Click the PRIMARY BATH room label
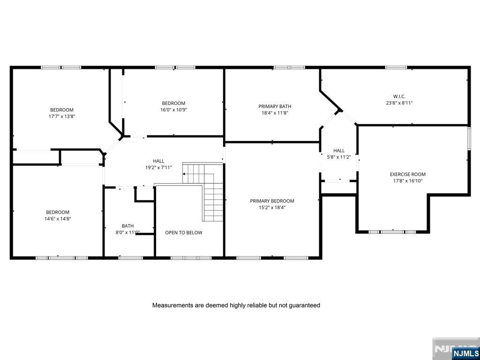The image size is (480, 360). pos(275,106)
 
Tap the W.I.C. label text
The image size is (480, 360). pos(399,97)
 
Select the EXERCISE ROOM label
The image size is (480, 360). pos(407,174)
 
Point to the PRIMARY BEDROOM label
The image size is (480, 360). pos(272,201)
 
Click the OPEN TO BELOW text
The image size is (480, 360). pos(184,232)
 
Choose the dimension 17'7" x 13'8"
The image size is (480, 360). pos(62,116)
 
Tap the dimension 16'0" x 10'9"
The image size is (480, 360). pos(173,110)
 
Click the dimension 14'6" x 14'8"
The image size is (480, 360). pos(58,218)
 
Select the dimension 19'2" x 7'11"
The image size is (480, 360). pos(158,167)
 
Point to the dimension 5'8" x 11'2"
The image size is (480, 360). pos(339,157)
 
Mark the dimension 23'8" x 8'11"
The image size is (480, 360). pos(399,103)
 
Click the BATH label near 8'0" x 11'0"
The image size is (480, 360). pos(127,226)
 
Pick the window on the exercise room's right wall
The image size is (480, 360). pos(469,139)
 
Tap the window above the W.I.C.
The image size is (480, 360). pos(396,67)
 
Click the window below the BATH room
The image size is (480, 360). pos(131,258)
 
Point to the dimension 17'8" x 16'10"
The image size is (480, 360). pos(407,180)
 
